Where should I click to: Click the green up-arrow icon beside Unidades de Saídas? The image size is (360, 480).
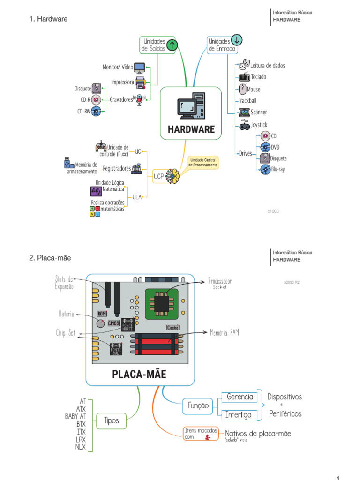[172, 45]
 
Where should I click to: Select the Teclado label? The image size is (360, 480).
[258, 77]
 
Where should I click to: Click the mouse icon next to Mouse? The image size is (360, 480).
[242, 89]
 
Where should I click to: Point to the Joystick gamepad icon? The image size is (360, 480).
[245, 125]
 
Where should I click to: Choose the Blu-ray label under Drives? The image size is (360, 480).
[277, 169]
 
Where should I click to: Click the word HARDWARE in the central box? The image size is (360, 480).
[191, 129]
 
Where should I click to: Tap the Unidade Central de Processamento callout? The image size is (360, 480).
[203, 163]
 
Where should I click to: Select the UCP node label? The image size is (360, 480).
[159, 177]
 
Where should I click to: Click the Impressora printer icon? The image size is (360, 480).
[140, 83]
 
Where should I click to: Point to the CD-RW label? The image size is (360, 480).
[83, 111]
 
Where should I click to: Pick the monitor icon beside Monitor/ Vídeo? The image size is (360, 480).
[140, 67]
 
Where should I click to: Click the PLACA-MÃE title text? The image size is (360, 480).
[139, 375]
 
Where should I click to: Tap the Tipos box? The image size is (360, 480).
[112, 420]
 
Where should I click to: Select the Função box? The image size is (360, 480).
[198, 405]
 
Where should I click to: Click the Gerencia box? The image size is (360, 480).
[240, 397]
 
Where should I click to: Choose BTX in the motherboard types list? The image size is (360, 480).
[82, 424]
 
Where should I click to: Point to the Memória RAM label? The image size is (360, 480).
[225, 332]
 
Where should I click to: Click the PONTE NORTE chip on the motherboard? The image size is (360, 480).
[127, 323]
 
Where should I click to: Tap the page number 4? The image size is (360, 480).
[338, 478]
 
